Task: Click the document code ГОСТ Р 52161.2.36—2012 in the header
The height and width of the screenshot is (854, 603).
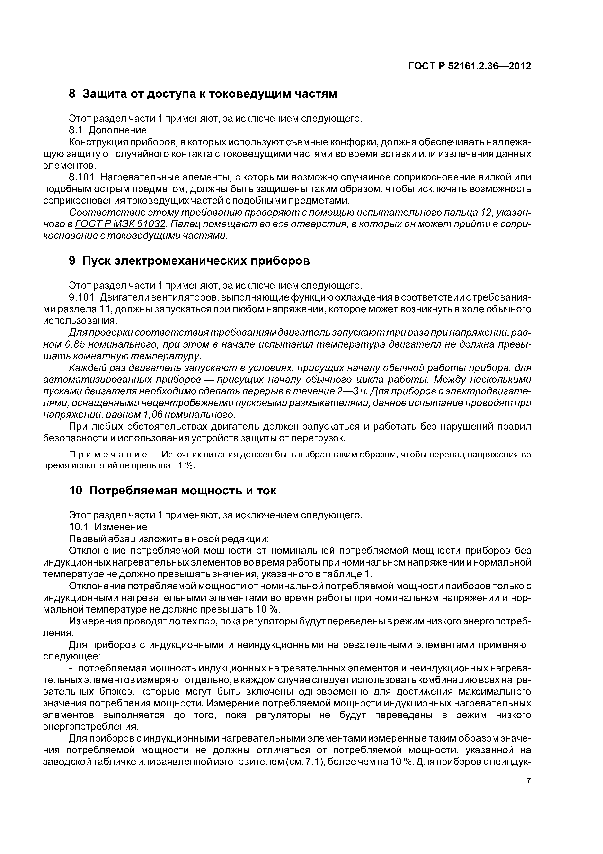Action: coord(470,66)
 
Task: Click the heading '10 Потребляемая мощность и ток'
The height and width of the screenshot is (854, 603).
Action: coord(173,490)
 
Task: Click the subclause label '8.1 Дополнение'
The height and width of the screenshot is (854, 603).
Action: coord(108,130)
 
